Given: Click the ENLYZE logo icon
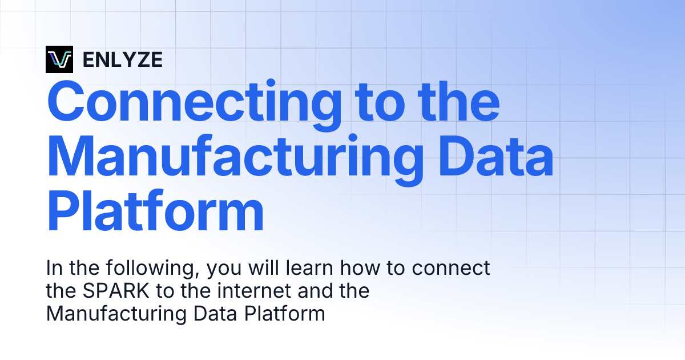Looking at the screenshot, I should [x=59, y=59].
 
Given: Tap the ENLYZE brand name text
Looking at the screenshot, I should [x=122, y=59].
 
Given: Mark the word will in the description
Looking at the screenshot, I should [x=259, y=268].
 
